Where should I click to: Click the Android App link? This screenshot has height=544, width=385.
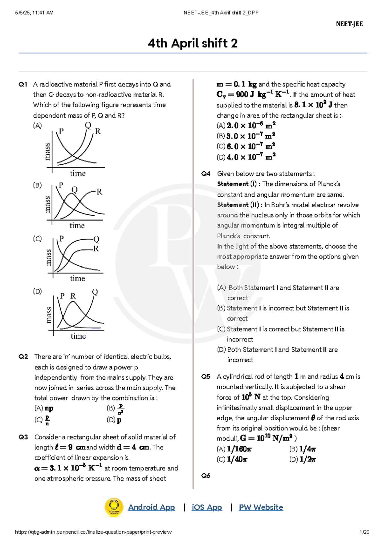(x=151, y=507)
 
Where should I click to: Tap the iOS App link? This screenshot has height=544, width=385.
(x=207, y=507)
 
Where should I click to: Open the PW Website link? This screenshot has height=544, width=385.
(x=261, y=507)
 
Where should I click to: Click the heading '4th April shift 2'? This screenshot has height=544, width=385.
(x=193, y=43)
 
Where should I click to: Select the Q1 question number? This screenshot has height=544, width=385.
(x=23, y=84)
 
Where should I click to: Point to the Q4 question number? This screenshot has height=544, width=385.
(x=206, y=174)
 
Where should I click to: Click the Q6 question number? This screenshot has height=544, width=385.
(x=206, y=476)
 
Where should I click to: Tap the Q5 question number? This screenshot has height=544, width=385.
(x=206, y=376)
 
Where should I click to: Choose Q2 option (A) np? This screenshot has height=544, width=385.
(x=44, y=408)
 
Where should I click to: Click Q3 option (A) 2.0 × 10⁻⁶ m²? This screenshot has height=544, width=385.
(x=246, y=125)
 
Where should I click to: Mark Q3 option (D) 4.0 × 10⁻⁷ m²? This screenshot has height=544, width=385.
(x=246, y=157)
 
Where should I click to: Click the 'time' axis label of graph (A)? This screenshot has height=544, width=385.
(x=78, y=173)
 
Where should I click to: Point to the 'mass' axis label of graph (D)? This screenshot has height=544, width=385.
(x=48, y=315)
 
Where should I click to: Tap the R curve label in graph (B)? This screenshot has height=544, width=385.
(x=99, y=192)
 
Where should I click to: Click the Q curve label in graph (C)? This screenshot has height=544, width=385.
(x=96, y=239)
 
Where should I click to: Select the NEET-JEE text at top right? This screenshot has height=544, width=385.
(x=349, y=24)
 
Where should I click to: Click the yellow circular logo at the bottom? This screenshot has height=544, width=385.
(x=114, y=507)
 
